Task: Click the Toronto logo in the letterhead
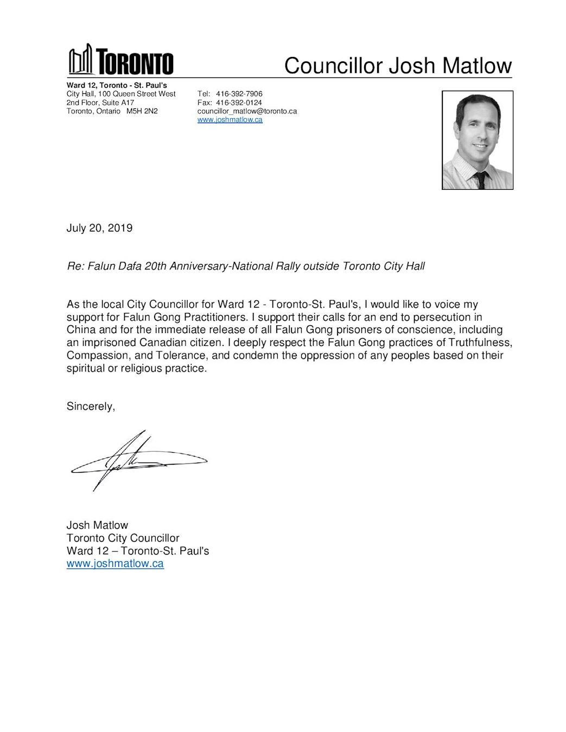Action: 120,60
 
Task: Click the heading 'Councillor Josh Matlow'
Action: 398,66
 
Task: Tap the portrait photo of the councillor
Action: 478,140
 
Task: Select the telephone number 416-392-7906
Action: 239,94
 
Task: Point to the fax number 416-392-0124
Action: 239,102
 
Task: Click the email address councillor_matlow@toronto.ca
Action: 247,111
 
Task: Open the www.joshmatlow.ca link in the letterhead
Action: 230,120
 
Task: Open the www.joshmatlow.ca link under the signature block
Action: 115,563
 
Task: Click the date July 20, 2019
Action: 99,228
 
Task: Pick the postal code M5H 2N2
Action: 142,111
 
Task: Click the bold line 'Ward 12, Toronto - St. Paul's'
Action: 117,85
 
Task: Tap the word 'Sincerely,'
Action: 91,406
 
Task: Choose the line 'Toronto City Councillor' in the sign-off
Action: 123,538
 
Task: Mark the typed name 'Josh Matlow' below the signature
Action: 97,525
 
